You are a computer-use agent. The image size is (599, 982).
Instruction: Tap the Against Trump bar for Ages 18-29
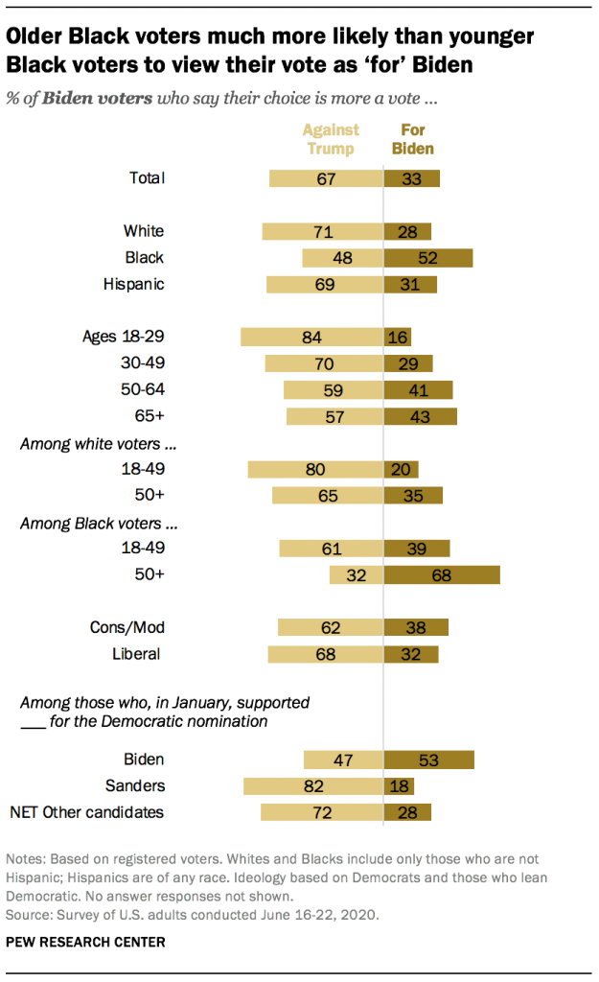coord(311,337)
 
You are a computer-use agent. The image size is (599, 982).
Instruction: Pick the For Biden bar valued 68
coord(442,575)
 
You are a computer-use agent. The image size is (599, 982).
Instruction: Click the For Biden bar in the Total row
coord(412,177)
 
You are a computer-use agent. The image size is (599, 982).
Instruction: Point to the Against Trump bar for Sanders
coord(313,786)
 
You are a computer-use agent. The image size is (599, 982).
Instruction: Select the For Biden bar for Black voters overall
coord(428,257)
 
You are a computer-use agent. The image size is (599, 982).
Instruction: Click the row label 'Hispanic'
coord(133,284)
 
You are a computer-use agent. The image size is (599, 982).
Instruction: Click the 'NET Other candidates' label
coord(86,813)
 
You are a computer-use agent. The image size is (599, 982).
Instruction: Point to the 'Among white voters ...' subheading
coord(101,444)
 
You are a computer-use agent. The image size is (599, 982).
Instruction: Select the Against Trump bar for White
coord(322,231)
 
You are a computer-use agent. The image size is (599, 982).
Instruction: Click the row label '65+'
coord(150,416)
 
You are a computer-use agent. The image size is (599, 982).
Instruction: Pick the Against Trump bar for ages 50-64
coord(333,389)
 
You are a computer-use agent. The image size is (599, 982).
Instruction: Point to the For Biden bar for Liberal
coord(411,654)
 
